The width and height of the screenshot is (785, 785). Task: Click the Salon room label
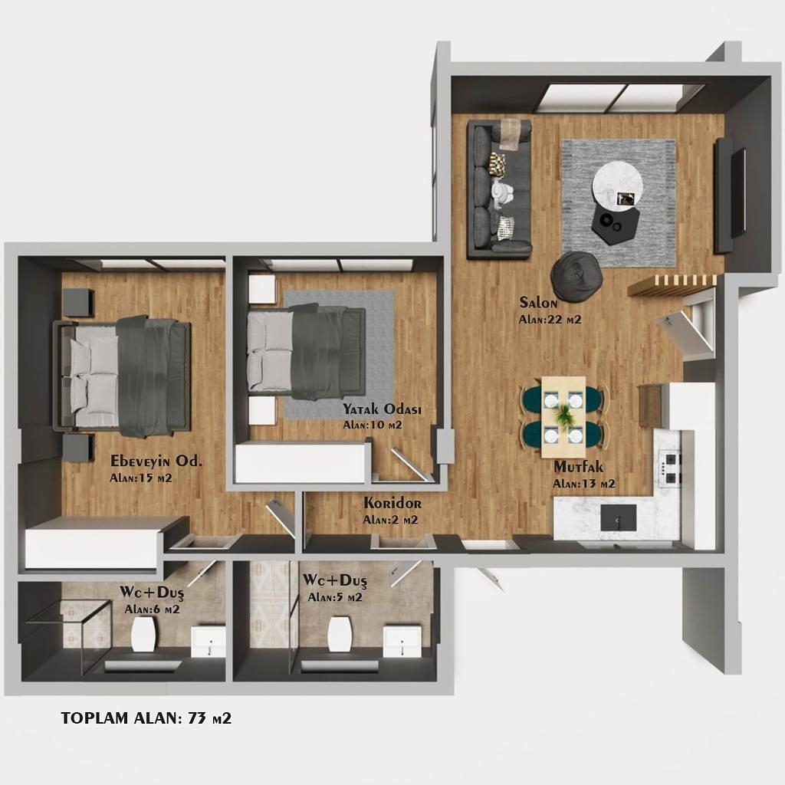pyautogui.click(x=538, y=302)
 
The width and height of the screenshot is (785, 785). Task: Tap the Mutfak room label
pyautogui.click(x=578, y=467)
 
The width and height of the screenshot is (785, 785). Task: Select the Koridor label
pyautogui.click(x=392, y=503)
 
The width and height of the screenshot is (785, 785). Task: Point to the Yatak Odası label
pyautogui.click(x=382, y=409)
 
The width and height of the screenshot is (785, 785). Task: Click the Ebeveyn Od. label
pyautogui.click(x=156, y=461)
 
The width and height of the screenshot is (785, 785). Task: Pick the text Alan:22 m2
pyautogui.click(x=550, y=320)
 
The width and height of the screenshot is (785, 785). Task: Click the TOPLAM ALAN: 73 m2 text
pyautogui.click(x=146, y=718)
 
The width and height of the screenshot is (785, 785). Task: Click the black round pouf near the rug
pyautogui.click(x=575, y=274)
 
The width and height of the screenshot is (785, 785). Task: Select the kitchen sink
pyautogui.click(x=619, y=517)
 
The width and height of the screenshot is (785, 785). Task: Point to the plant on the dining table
pyautogui.click(x=563, y=415)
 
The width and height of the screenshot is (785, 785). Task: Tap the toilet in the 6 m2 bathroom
pyautogui.click(x=143, y=633)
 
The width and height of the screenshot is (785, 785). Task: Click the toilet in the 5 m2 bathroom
pyautogui.click(x=340, y=633)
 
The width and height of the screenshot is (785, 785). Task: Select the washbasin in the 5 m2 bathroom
pyautogui.click(x=402, y=642)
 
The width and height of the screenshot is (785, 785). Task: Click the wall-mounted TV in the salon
pyautogui.click(x=731, y=194)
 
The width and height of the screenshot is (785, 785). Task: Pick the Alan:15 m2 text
pyautogui.click(x=141, y=478)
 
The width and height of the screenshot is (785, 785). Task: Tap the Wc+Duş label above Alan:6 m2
pyautogui.click(x=152, y=593)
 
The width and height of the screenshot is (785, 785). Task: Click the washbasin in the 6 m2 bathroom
pyautogui.click(x=209, y=642)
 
